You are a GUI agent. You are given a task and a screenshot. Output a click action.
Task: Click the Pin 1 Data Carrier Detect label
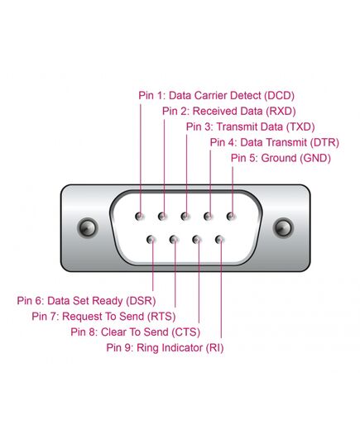[x=216, y=96]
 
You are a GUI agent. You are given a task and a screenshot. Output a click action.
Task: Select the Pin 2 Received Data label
[x=228, y=112]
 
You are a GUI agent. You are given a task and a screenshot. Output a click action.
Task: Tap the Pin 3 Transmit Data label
[x=250, y=127]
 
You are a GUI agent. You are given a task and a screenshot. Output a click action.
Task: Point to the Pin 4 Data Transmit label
[x=275, y=142]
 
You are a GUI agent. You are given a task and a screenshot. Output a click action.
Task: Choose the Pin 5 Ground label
[x=281, y=158]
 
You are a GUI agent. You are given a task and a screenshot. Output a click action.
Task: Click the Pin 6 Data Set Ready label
[x=86, y=301]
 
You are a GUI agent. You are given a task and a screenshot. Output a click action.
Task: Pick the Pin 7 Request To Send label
[x=103, y=317]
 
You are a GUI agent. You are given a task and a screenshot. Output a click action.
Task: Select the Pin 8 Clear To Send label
[x=136, y=332]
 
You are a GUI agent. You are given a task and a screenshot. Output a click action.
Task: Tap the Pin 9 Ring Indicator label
[x=165, y=347]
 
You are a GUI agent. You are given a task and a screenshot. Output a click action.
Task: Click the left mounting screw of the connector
[x=88, y=227]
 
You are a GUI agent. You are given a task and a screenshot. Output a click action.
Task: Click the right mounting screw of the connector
[x=283, y=227]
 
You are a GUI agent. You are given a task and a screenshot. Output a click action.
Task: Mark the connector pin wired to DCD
[x=140, y=217]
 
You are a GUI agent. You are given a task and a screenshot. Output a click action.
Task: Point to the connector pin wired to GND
[x=231, y=217]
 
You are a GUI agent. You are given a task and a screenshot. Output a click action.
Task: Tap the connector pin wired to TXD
[x=185, y=217]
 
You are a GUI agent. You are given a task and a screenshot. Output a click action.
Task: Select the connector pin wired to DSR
[x=151, y=240]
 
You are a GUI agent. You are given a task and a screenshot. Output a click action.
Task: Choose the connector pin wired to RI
[x=219, y=240]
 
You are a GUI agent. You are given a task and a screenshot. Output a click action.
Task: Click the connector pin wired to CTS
[x=197, y=240]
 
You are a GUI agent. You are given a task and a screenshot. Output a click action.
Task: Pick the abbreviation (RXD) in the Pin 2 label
[x=281, y=112]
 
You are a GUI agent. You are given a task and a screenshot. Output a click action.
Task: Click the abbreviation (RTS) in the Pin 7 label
[x=161, y=317]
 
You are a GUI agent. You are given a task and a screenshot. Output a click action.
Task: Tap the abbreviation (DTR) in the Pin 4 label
[x=324, y=142]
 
